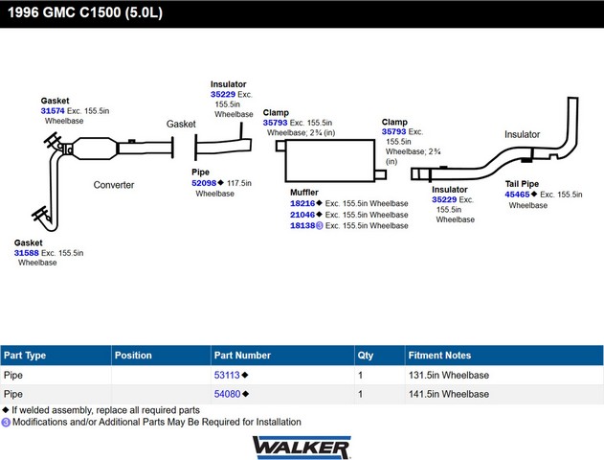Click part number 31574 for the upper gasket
[53, 111]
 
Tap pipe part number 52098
[204, 182]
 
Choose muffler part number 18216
[302, 203]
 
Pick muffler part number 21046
[302, 215]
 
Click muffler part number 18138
[302, 226]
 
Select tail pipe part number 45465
[517, 195]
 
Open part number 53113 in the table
[227, 376]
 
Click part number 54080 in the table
[227, 394]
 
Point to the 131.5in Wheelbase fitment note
[449, 376]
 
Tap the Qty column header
[365, 356]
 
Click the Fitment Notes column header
[439, 356]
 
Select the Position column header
[133, 356]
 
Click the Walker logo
[302, 448]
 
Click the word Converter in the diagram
[114, 185]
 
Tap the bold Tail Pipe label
[523, 183]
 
